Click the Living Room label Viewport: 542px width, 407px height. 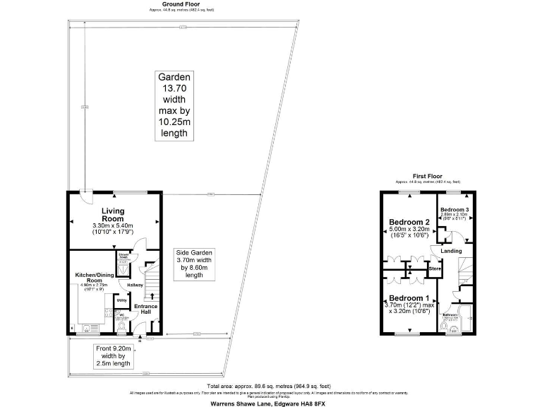point(113,211)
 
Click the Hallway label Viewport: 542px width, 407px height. point(135,285)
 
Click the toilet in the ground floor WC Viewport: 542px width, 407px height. point(123,326)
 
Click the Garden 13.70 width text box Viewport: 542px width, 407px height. point(174,105)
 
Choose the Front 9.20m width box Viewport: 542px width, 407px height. point(114,355)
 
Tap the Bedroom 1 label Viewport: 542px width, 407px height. point(409,297)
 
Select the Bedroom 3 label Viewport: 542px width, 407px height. point(455,210)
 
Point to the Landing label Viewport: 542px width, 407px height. point(451,251)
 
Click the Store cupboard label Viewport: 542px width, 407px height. point(435,269)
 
